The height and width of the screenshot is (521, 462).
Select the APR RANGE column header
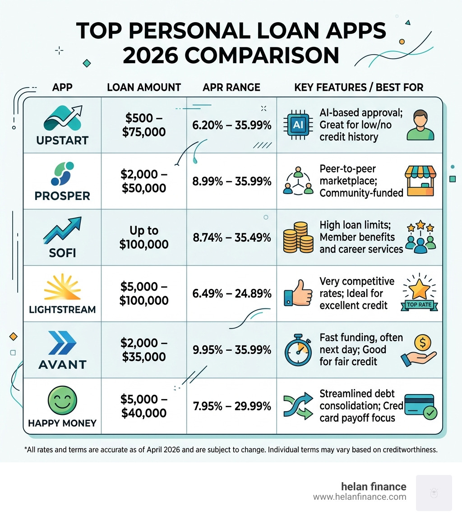pos(232,87)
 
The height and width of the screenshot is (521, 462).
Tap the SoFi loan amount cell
pos(144,237)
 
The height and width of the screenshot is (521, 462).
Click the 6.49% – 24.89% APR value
pos(232,294)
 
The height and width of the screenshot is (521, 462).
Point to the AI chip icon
pos(298,125)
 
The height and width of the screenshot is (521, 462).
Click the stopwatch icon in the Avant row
pos(298,350)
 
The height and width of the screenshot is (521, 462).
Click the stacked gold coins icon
pos(298,237)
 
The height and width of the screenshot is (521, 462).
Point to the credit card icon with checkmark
pos(420,406)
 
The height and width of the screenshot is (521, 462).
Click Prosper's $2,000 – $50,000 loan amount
pos(144,181)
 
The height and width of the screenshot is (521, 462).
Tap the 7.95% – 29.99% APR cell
pos(232,406)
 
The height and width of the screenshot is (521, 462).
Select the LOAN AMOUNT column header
pos(144,87)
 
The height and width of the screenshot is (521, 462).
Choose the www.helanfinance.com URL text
pos(359,497)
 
